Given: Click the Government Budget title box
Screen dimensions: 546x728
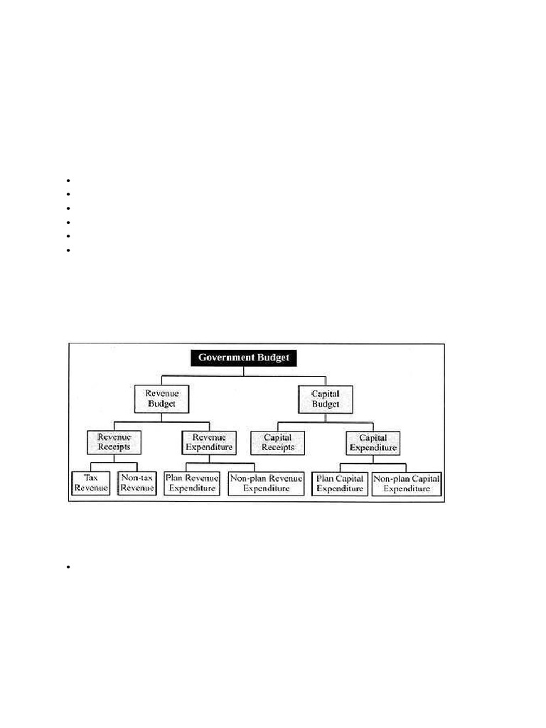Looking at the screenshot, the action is click(243, 358).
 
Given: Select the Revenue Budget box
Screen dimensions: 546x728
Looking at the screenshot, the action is click(161, 398).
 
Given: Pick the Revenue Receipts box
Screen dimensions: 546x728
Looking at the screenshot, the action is click(114, 442).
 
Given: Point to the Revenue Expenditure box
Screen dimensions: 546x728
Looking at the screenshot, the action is click(208, 442).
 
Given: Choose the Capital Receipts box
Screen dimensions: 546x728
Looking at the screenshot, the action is click(277, 442).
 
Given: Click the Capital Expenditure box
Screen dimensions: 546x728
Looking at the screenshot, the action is click(373, 442).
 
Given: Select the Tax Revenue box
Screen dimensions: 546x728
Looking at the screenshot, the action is click(91, 483).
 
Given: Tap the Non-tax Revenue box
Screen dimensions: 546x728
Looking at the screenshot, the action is click(137, 483).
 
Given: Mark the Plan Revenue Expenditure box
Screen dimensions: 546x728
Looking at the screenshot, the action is click(192, 483).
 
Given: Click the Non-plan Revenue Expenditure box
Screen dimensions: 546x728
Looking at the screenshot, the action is click(266, 483).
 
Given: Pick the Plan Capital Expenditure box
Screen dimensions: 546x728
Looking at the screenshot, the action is click(340, 483).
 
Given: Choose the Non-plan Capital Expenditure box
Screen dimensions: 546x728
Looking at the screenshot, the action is click(407, 483).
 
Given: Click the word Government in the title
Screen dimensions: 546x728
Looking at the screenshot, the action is click(225, 358).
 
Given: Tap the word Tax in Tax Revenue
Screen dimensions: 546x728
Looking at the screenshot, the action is click(91, 478).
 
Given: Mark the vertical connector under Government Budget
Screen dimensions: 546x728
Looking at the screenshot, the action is click(243, 370).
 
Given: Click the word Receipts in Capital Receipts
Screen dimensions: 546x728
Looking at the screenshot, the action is click(277, 448).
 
